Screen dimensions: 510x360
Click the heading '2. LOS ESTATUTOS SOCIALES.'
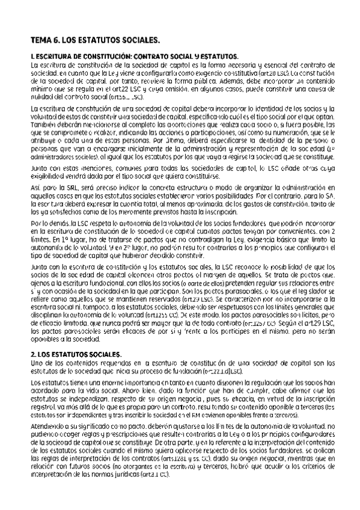click(x=76, y=355)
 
